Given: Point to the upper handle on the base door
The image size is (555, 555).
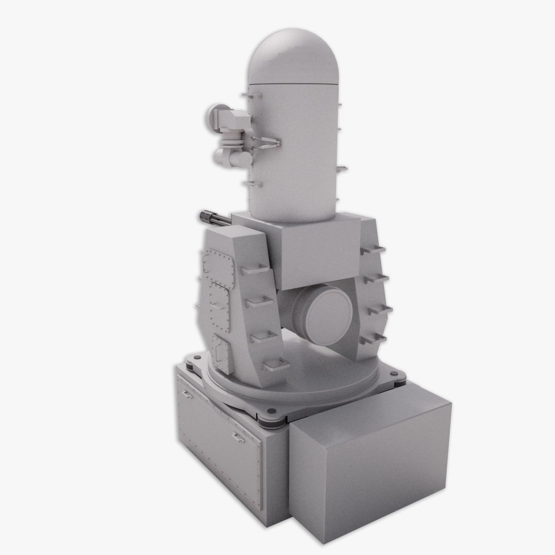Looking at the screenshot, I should [x=187, y=394].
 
